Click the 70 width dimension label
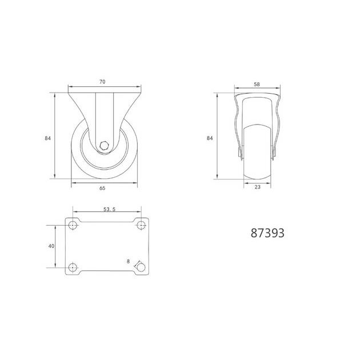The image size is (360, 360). (x=102, y=82)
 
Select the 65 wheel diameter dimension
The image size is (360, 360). (x=102, y=188)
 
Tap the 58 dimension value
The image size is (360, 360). (x=257, y=84)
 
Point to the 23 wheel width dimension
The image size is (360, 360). (x=258, y=187)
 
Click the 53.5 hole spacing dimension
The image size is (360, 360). (x=110, y=209)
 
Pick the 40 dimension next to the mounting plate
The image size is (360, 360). (x=51, y=246)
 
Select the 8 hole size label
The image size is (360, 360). (x=128, y=261)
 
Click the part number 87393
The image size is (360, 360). (x=267, y=233)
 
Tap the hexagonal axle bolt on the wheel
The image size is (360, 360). (x=104, y=145)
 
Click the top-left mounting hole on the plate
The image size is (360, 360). (x=73, y=226)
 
